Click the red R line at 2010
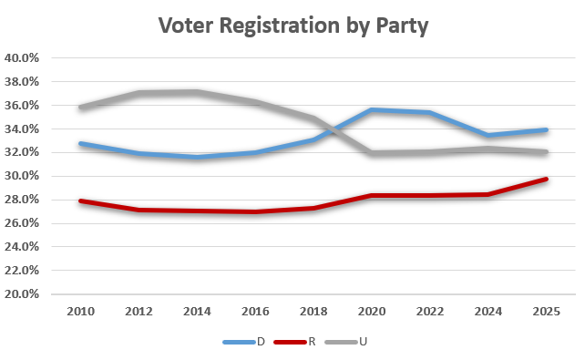(x=80, y=201)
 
